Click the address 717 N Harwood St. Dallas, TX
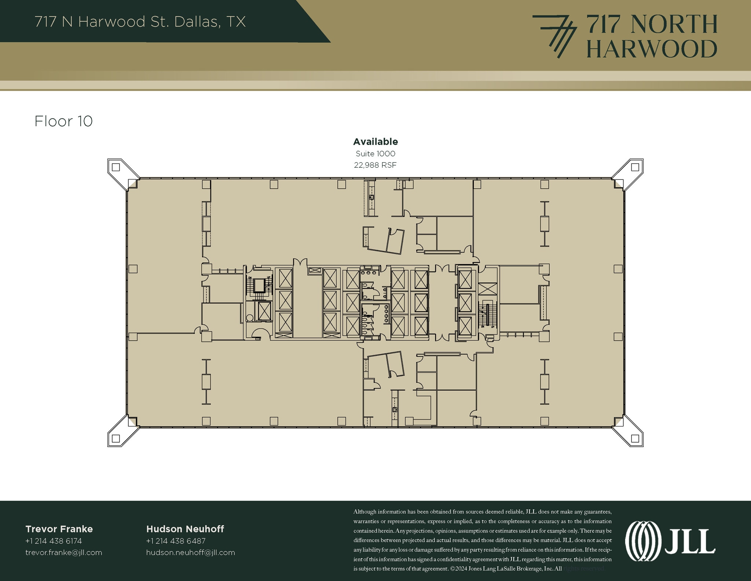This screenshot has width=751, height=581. pos(140,22)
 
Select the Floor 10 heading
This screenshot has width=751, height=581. pos(63,121)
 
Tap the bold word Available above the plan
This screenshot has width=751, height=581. pos(375,142)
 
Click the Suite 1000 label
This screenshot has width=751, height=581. pos(375,154)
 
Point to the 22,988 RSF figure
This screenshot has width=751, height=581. pos(375,165)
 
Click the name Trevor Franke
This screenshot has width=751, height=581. pos(59,529)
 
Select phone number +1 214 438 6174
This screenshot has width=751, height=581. pos(54,541)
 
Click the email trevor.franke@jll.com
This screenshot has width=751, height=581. pos(63,553)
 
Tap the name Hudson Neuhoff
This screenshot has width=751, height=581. pos(185,529)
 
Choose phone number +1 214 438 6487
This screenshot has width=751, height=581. pos(176,541)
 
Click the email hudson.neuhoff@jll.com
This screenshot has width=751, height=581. pos(190,553)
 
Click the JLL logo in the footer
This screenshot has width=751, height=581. pos(670,542)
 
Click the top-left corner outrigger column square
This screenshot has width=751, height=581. pos(116,167)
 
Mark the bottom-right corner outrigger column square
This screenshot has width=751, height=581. pos(635,438)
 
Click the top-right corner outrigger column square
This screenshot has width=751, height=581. pos(635,167)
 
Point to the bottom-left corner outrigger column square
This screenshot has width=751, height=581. pos(116,438)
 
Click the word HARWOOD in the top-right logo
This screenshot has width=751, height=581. pos(652,49)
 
